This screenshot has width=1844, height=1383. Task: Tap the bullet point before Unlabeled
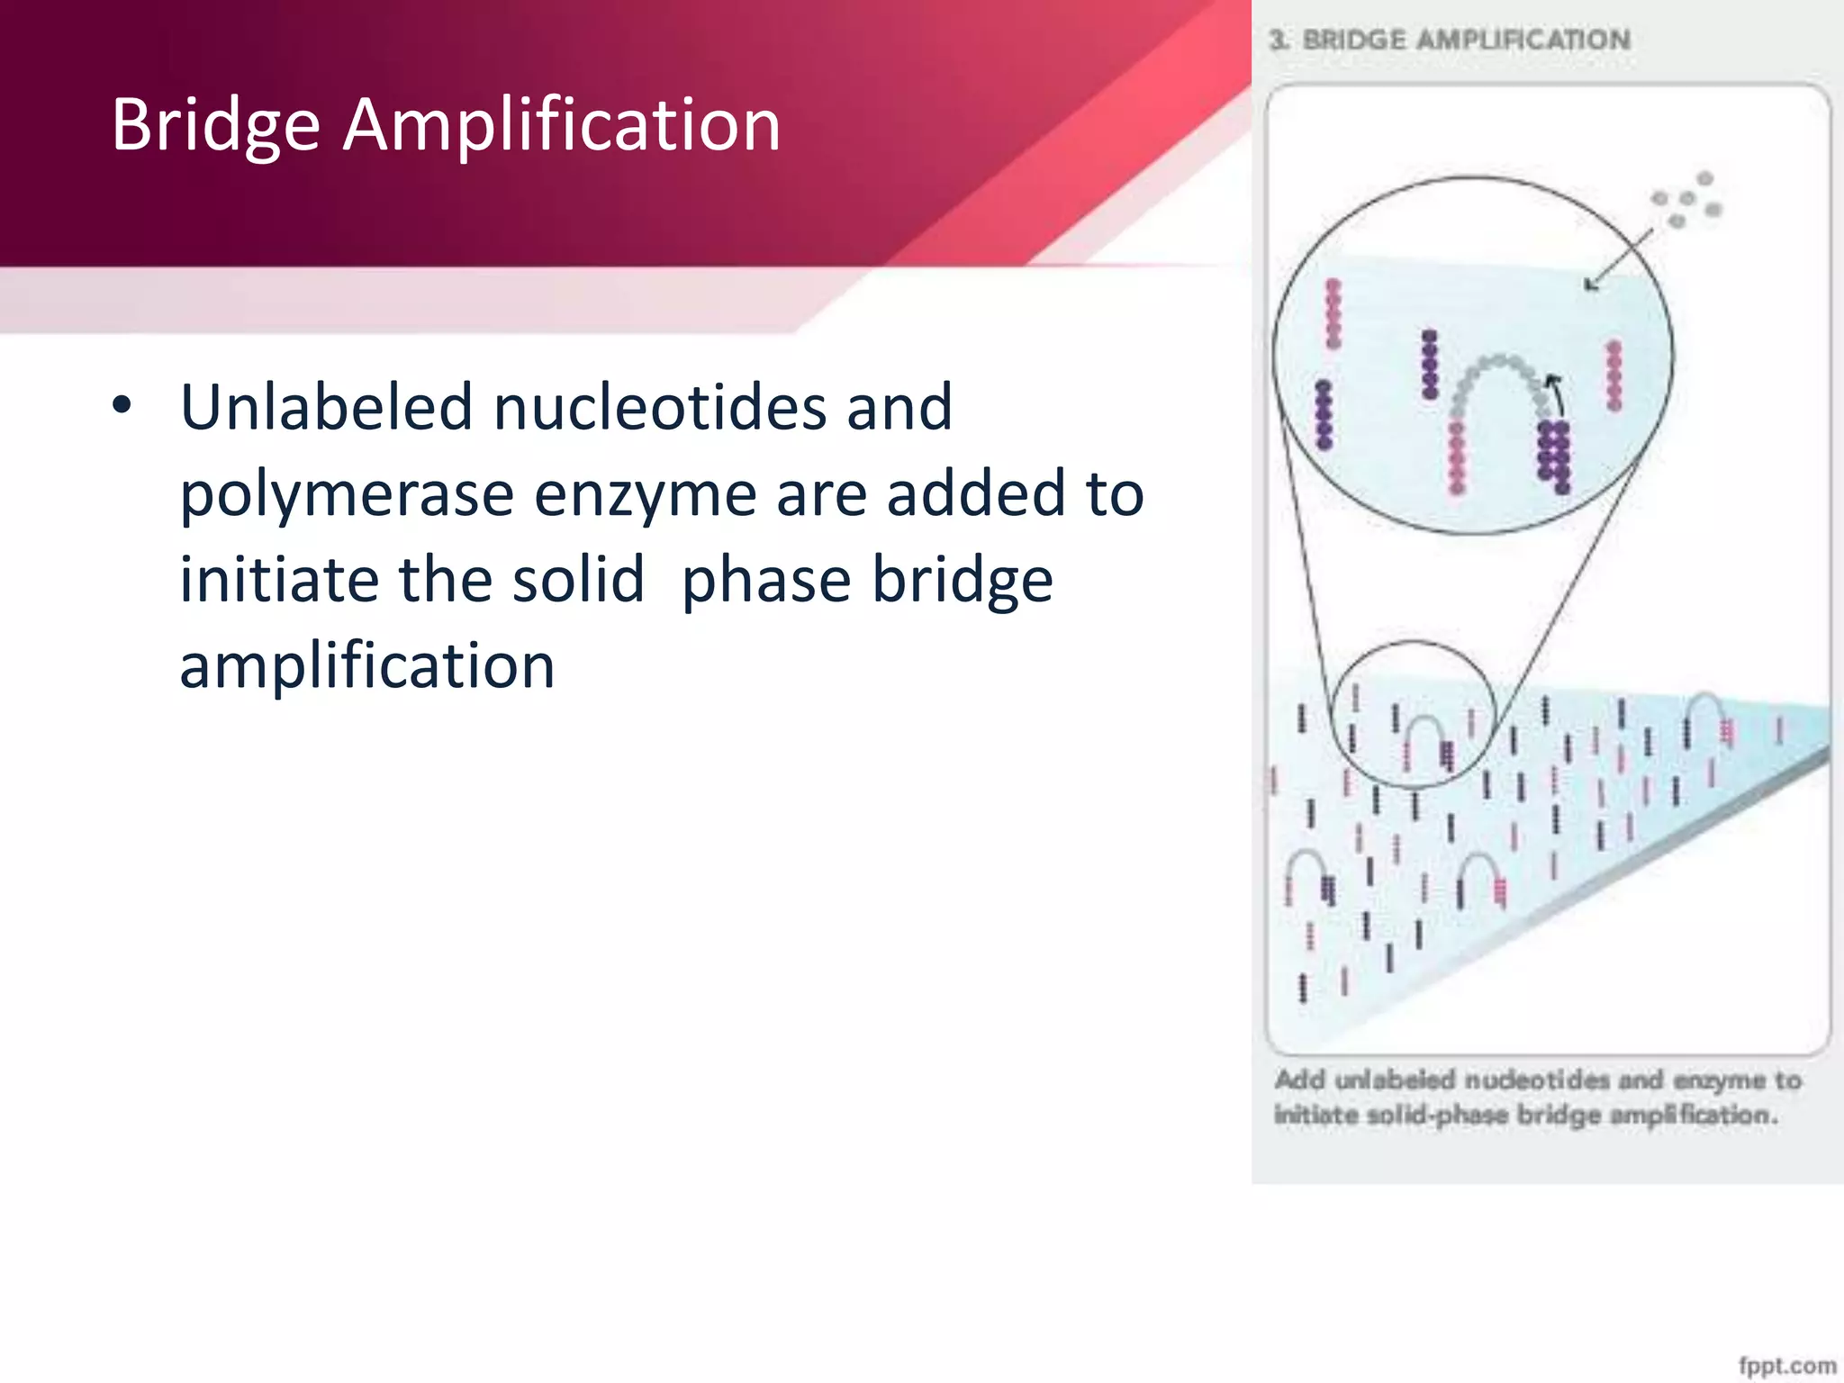(x=122, y=405)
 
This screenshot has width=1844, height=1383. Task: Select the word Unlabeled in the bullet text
(x=326, y=407)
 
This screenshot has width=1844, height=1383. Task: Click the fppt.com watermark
(x=1786, y=1366)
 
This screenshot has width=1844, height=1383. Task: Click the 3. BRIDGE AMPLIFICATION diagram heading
(x=1450, y=41)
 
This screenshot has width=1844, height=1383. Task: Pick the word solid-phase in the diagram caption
(x=1437, y=1115)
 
